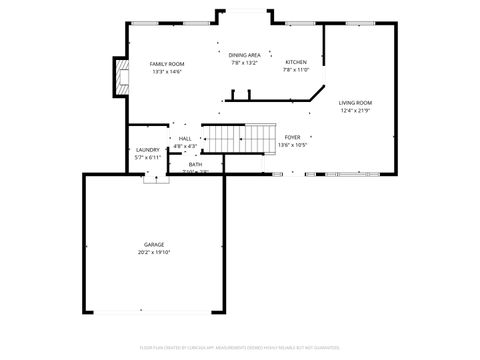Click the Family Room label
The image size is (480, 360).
168,63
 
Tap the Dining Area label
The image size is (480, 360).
245,55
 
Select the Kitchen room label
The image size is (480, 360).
296,62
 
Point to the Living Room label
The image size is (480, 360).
355,103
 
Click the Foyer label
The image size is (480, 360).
292,137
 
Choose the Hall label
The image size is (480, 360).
185,139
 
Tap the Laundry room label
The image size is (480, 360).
148,150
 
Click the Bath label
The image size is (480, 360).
195,164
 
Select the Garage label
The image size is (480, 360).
154,244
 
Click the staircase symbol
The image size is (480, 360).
240,136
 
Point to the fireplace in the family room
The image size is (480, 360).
121,77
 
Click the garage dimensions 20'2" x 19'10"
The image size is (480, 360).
154,252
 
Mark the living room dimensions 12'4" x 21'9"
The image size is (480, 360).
355,111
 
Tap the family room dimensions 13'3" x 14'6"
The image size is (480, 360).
168,71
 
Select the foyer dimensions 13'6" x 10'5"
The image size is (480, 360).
292,145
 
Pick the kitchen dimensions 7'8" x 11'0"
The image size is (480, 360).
296,70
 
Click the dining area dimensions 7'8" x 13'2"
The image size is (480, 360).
245,63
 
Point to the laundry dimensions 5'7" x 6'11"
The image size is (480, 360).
148,158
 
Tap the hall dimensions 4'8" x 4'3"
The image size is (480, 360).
185,146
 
